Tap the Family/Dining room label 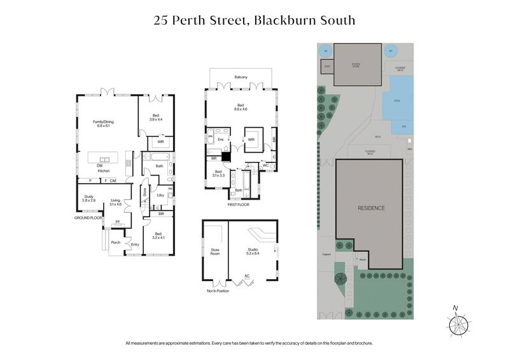click(x=102, y=123)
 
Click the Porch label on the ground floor click(x=116, y=242)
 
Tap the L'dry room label click(x=160, y=195)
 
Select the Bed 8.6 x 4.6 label click(x=241, y=107)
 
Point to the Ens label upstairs click(x=220, y=139)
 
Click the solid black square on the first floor click(x=225, y=155)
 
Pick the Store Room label click(x=215, y=252)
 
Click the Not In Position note click(x=218, y=290)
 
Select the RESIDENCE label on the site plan click(x=370, y=208)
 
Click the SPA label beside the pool click(x=403, y=126)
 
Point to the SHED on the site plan click(x=327, y=66)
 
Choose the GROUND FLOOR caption click(x=88, y=218)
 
